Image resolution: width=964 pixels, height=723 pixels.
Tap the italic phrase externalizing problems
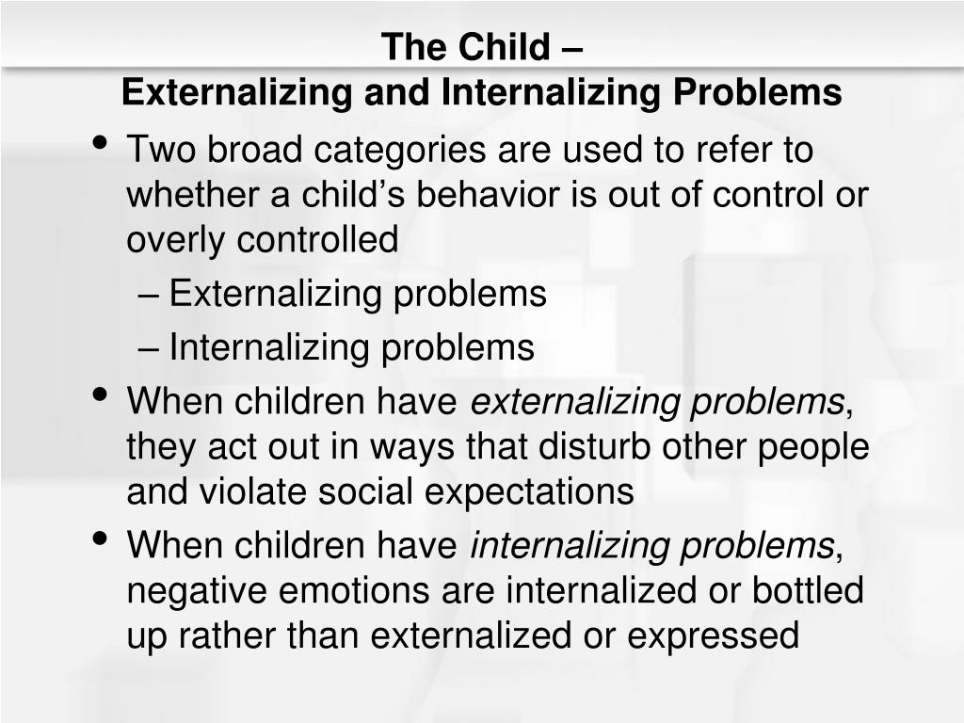point(657,402)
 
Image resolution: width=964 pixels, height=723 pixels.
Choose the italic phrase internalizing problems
point(651,545)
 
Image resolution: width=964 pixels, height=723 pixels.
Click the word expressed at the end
point(713,635)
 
